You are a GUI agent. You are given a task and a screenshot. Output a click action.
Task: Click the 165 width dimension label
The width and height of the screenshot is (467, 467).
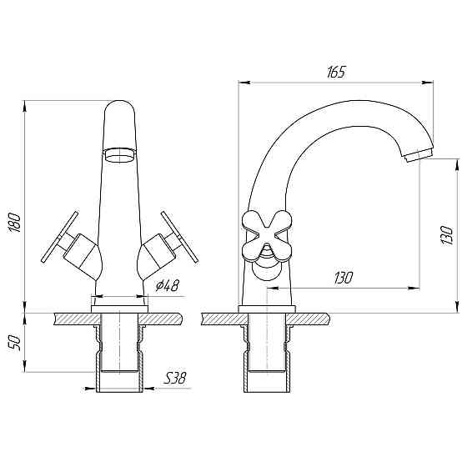337,73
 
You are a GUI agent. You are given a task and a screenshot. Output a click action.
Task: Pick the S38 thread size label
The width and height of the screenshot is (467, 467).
174,379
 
